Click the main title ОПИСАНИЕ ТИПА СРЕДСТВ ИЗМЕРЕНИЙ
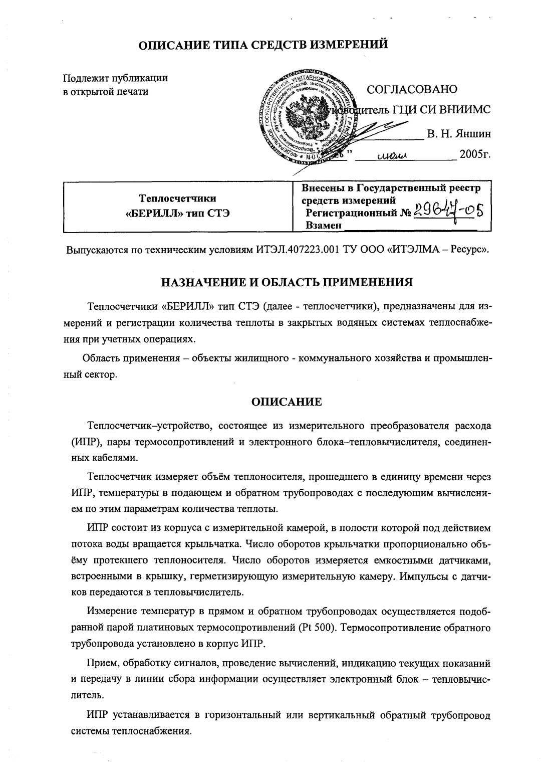263,45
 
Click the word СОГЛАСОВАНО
412,89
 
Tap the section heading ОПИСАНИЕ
286,402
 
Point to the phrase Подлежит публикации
115,78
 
